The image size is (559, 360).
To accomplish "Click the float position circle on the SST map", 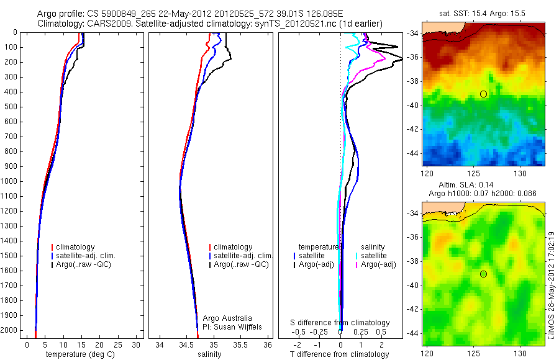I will pyautogui.click(x=483, y=94).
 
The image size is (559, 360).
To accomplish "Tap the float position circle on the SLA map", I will pyautogui.click(x=483, y=274).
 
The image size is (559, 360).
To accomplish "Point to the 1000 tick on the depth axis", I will pyautogui.click(x=10, y=181).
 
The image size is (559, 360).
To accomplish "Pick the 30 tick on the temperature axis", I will pyautogui.click(x=137, y=344).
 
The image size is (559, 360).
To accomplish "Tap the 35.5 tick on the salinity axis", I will pyautogui.click(x=241, y=344).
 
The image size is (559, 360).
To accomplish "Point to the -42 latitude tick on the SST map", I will pyautogui.click(x=414, y=129).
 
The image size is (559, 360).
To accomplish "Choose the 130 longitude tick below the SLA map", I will pyautogui.click(x=520, y=353).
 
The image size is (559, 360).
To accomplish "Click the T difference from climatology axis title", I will pyautogui.click(x=340, y=354).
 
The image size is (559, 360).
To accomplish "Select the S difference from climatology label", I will pyautogui.click(x=340, y=323).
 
